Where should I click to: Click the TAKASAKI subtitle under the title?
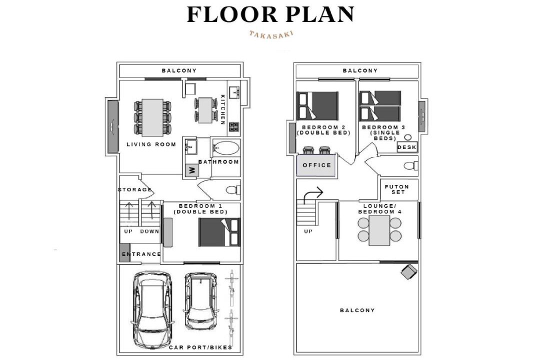click(x=271, y=35)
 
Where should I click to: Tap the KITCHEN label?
click(x=223, y=109)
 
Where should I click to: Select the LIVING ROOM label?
click(x=151, y=144)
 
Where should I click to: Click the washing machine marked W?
click(x=192, y=170)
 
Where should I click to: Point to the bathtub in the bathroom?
click(x=226, y=148)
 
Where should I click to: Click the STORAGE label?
click(x=134, y=189)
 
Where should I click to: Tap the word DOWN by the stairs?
click(x=149, y=231)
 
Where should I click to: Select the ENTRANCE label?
click(x=141, y=254)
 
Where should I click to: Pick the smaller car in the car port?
click(x=201, y=300)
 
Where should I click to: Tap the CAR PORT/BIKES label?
click(x=200, y=347)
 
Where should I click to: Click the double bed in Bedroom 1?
click(x=219, y=232)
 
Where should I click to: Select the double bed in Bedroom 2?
click(x=317, y=106)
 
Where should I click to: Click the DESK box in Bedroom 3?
click(x=407, y=147)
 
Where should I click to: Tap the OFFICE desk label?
click(x=317, y=165)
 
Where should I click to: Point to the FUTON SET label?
click(x=397, y=189)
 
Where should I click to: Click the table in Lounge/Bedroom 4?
click(x=379, y=230)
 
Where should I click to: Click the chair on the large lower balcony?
click(x=409, y=271)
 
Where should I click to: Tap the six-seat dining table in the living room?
click(x=152, y=117)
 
